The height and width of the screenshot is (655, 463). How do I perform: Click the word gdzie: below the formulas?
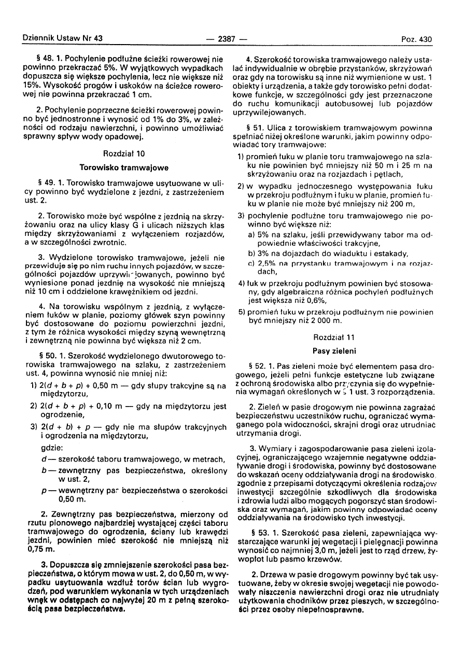coord(52,447)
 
